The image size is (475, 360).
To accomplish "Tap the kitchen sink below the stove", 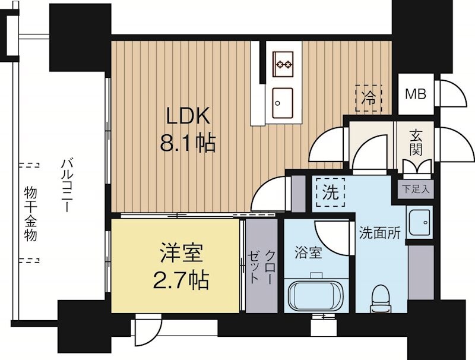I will click(282, 100).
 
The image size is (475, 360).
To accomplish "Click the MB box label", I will click(416, 94).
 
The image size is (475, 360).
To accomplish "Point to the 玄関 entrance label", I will click(416, 141).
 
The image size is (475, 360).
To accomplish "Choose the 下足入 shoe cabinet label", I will click(415, 190).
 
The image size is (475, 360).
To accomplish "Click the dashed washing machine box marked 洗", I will click(330, 192).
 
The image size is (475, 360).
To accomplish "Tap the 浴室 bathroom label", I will click(308, 252).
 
